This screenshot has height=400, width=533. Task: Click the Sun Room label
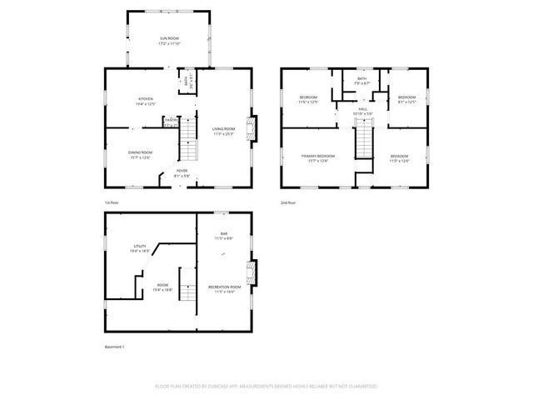pyautogui.click(x=169, y=39)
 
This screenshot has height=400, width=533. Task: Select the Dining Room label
pyautogui.click(x=140, y=152)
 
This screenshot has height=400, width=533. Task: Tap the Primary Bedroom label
pyautogui.click(x=318, y=157)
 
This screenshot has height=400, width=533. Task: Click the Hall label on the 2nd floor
pyautogui.click(x=363, y=108)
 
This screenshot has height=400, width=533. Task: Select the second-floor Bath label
pyautogui.click(x=361, y=78)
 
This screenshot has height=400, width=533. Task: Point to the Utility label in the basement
pyautogui.click(x=140, y=247)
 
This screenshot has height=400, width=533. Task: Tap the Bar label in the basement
pyautogui.click(x=224, y=234)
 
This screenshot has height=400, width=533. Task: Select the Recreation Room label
pyautogui.click(x=224, y=287)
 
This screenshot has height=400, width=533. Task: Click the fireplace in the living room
pyautogui.click(x=257, y=128)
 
